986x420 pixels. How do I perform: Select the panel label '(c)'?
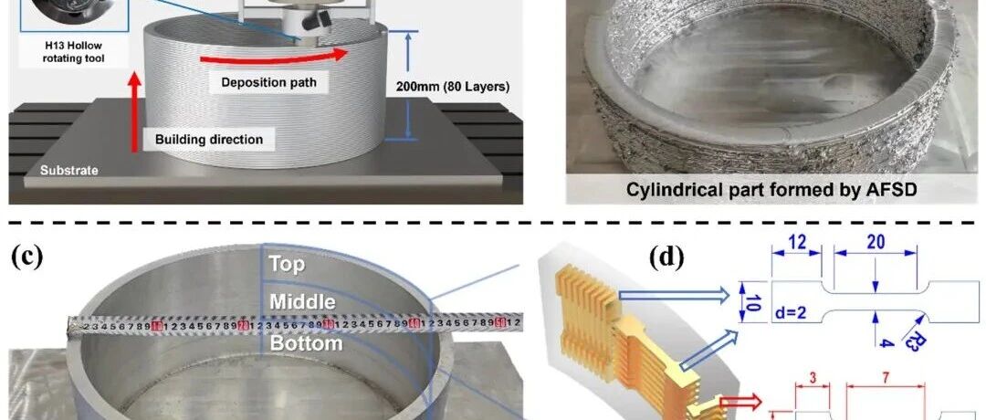tap(27, 257)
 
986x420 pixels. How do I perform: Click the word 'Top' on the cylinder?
tap(287, 265)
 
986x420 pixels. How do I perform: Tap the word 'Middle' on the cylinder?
tap(302, 301)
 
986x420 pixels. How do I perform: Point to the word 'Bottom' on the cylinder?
tap(305, 343)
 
